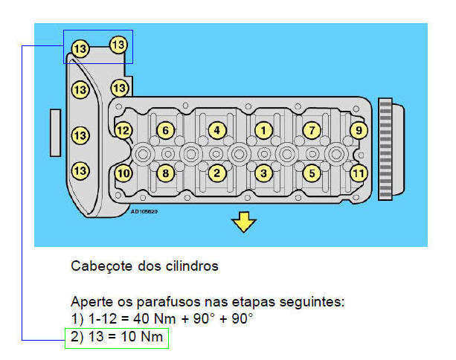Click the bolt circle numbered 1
[262, 130]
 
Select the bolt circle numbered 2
[216, 173]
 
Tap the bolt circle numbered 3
[262, 173]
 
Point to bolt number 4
[216, 130]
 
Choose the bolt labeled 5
[312, 173]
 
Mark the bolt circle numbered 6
[166, 130]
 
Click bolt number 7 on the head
[312, 130]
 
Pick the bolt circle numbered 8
[166, 173]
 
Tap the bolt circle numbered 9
[359, 130]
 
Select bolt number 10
[123, 173]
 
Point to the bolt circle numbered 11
[359, 173]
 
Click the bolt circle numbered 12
[123, 130]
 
